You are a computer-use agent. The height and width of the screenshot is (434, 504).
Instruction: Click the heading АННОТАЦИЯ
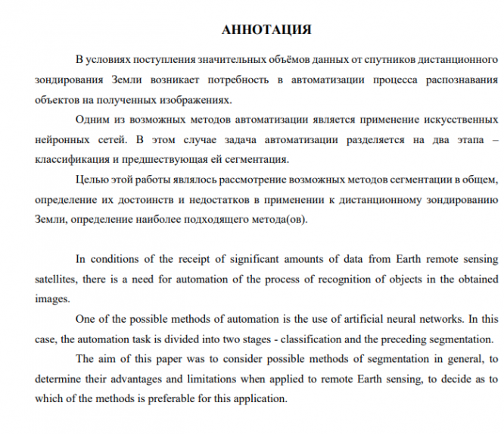click(x=266, y=30)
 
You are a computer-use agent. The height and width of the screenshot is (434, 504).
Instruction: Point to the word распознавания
click(x=461, y=80)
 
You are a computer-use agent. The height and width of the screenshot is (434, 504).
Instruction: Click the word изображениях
click(x=188, y=99)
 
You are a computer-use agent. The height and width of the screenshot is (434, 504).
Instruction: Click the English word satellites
click(x=57, y=279)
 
